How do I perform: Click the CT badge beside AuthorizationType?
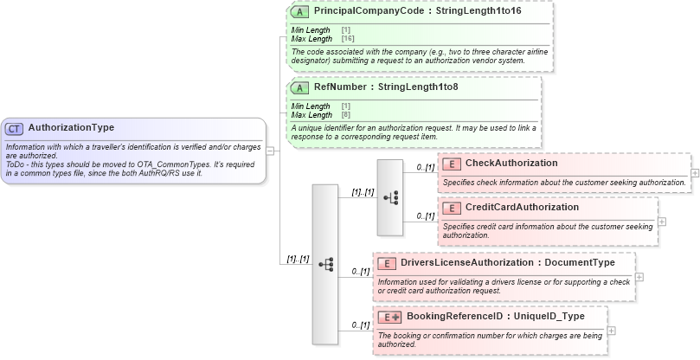14,128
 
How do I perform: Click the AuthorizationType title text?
71,128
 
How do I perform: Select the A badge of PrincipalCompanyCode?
299,12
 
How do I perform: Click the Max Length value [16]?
347,39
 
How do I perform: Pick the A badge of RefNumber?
299,87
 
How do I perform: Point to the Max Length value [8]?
345,115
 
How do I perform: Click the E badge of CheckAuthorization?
451,164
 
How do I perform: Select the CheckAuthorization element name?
511,164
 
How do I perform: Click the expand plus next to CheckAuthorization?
695,172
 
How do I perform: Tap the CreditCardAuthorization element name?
522,208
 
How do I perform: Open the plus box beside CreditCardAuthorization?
662,221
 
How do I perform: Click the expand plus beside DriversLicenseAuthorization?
639,277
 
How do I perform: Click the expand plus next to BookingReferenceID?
612,330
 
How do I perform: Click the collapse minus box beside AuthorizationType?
270,150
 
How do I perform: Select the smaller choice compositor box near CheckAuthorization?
390,197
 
